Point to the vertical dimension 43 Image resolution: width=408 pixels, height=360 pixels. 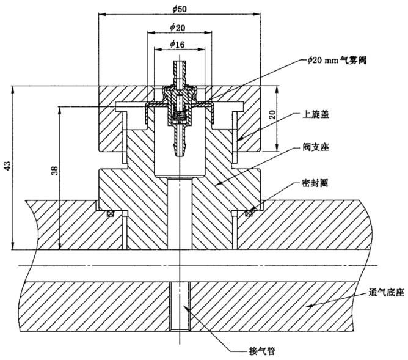(7, 168)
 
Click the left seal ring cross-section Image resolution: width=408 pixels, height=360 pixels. (111, 213)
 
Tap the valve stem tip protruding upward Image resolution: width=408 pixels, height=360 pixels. (179, 66)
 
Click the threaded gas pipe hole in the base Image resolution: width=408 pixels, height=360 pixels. (179, 306)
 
